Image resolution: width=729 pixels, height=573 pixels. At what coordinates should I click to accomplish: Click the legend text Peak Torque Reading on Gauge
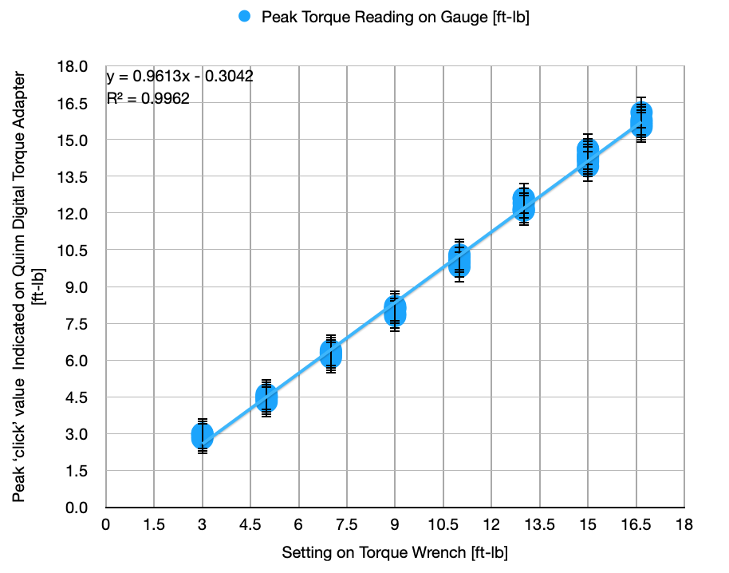tap(396, 17)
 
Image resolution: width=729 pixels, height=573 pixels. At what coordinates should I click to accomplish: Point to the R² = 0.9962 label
tap(148, 99)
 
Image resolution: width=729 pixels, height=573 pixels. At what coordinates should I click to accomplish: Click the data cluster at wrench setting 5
tap(266, 397)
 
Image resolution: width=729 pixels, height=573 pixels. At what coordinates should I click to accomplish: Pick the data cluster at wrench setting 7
tap(331, 354)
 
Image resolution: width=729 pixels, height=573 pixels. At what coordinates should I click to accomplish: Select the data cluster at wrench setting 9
tap(395, 310)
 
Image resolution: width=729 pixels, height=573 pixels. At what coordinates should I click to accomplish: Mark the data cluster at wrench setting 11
tap(459, 261)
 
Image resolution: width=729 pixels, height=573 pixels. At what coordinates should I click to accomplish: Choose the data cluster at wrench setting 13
tap(523, 205)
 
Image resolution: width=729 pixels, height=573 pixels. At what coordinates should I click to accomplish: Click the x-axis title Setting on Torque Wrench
tap(395, 552)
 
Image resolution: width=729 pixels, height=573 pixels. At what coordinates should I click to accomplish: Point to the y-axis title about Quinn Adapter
tap(27, 283)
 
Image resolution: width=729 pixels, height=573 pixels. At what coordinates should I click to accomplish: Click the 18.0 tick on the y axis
tap(84, 66)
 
